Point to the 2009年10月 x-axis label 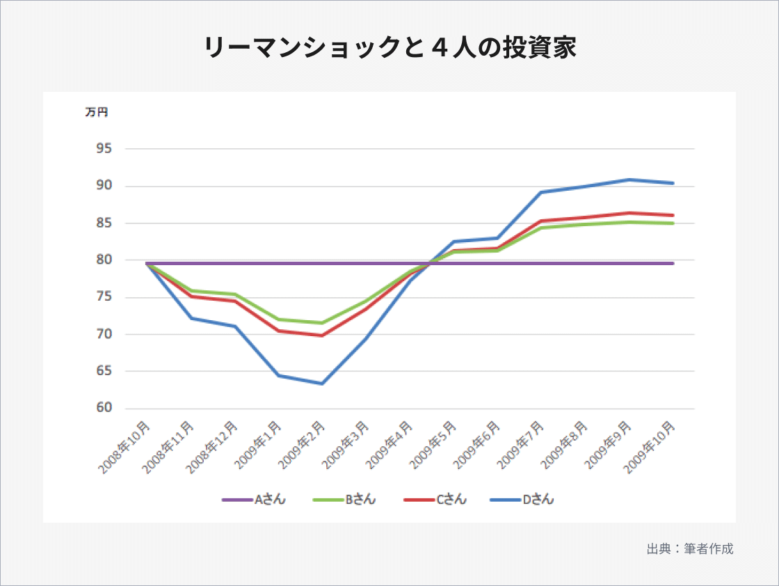click(x=653, y=446)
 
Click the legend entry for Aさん click(x=253, y=500)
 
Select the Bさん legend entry click(x=344, y=500)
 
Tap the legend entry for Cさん click(x=435, y=500)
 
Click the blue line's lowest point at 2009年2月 click(x=323, y=383)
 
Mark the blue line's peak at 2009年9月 click(x=629, y=180)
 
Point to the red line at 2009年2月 click(x=323, y=335)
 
